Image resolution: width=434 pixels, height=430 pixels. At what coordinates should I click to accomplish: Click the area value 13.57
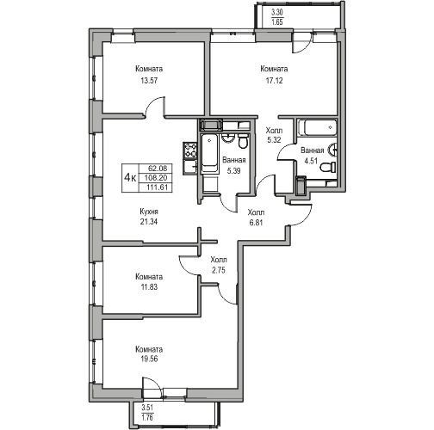point(149,81)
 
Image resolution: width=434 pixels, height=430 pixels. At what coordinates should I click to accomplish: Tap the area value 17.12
point(274,81)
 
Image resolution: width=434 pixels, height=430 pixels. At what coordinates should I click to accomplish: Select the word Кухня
point(149,212)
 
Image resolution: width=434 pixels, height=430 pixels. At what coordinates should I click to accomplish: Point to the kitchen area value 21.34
point(149,222)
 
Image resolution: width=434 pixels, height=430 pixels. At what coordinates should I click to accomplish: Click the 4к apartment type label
point(130,178)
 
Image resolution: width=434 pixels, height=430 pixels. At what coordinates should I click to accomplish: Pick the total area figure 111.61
point(156,187)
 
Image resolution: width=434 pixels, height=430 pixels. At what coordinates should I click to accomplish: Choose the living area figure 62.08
point(156,168)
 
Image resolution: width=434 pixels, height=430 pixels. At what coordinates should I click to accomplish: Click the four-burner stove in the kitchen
point(190,150)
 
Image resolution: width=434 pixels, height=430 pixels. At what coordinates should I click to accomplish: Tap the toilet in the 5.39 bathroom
point(243,142)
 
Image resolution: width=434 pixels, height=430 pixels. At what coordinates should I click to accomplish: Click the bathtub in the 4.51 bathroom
point(317,127)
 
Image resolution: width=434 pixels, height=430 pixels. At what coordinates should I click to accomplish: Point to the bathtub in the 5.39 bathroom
point(210,154)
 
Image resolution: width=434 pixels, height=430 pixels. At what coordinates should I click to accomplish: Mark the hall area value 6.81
point(256,222)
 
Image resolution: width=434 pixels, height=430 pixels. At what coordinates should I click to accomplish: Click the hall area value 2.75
point(219,270)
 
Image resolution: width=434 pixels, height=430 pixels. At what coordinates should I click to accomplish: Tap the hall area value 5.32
point(274,140)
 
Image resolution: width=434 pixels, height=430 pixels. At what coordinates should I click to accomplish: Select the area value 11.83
point(150,287)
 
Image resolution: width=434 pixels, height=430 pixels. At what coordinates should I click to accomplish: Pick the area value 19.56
point(150,359)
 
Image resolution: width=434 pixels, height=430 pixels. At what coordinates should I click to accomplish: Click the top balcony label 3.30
point(277,12)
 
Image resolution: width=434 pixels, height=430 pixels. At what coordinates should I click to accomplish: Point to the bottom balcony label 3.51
point(147,407)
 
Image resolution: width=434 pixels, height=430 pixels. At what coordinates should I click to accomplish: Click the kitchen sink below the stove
point(190,167)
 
